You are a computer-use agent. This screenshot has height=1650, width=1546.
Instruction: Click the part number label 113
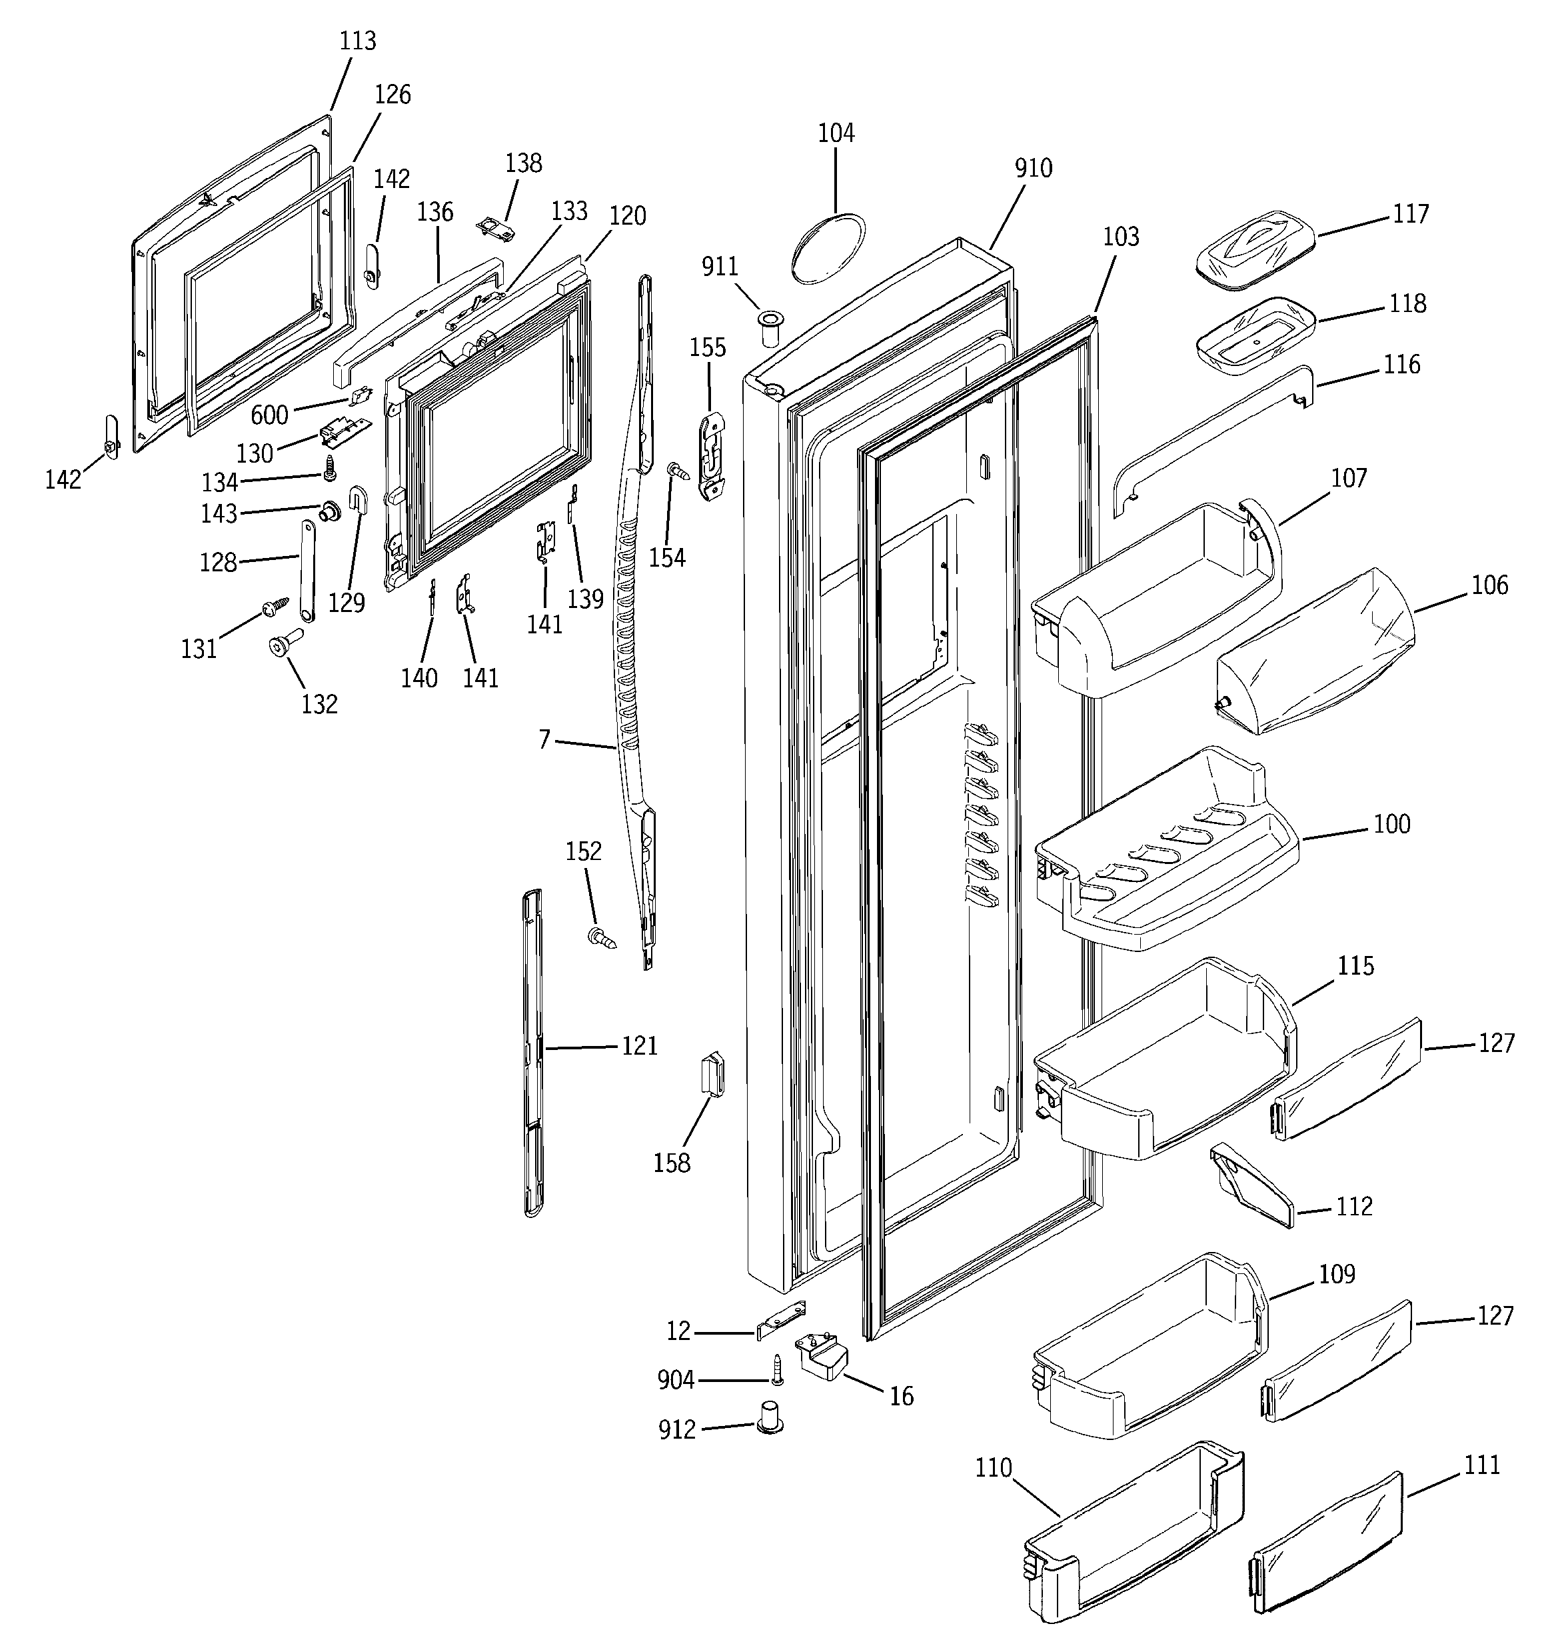[x=358, y=41]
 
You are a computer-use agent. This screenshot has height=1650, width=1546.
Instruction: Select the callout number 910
[x=1033, y=169]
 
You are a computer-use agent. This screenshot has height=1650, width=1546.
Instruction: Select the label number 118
[x=1408, y=304]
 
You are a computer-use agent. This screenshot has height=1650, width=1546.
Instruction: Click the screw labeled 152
[x=602, y=939]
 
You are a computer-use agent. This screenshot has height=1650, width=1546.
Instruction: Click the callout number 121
[x=640, y=1046]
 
